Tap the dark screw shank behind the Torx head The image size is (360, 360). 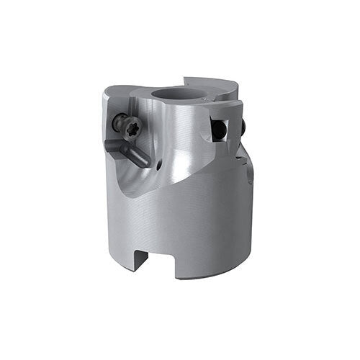point(117,122)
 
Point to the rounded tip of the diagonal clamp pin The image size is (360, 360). point(148,162)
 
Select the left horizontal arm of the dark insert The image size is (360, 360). point(114,143)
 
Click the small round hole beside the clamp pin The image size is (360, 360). point(157,165)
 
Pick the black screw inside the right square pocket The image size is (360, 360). point(219,130)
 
